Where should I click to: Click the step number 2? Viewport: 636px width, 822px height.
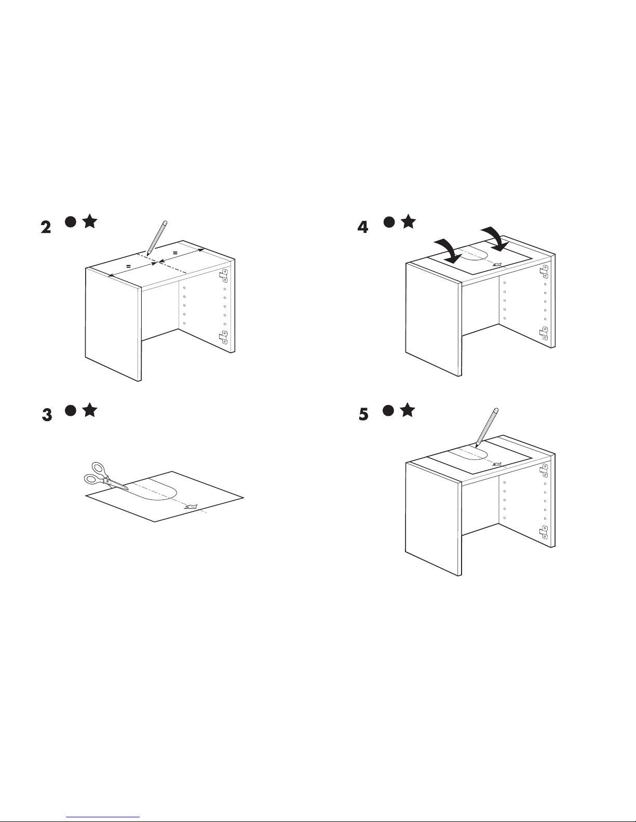46,227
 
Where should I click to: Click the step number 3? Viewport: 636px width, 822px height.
47,415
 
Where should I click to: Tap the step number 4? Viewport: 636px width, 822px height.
363,227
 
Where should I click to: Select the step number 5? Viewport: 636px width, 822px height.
363,414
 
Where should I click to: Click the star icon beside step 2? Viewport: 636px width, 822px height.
90,221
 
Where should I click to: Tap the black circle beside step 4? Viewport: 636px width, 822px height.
389,222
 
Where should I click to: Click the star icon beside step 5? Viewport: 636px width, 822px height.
408,410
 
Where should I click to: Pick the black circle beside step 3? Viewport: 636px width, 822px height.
71,410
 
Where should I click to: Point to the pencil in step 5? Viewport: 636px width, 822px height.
487,428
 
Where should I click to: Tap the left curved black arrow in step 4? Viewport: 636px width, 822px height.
450,250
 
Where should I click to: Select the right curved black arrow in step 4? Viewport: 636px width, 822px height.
495,239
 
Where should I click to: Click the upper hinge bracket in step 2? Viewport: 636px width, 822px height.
224,275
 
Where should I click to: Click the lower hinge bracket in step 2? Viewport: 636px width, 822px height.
224,338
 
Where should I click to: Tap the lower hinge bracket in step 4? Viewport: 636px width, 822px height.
544,333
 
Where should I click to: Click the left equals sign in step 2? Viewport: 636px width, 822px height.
128,267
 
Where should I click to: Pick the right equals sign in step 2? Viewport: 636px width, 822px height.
175,253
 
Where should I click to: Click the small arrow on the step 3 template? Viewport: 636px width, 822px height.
191,507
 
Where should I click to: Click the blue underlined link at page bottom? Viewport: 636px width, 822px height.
103,817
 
